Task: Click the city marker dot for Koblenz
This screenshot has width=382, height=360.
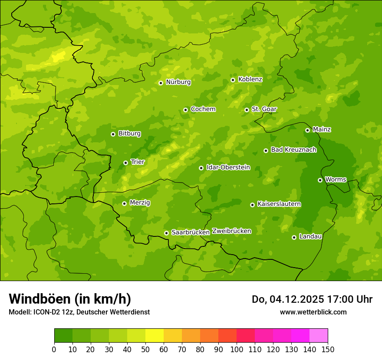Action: (x=233, y=80)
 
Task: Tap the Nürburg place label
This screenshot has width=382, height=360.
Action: (x=178, y=82)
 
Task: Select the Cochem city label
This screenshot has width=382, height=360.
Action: (x=203, y=109)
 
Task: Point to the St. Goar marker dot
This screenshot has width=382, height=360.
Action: (x=247, y=110)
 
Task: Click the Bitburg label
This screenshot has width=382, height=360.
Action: (x=129, y=134)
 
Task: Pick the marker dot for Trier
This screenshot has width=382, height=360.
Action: (x=125, y=163)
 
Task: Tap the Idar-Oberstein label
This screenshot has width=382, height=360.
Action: (x=228, y=167)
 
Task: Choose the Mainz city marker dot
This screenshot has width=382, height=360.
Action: (x=307, y=130)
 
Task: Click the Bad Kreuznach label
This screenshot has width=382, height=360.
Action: (x=293, y=150)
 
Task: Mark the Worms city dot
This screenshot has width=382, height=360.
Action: (x=320, y=180)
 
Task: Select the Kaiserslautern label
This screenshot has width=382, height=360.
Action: (x=279, y=204)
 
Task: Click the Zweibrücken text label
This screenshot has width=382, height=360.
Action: (x=231, y=231)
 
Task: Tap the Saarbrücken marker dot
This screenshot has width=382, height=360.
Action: (x=166, y=233)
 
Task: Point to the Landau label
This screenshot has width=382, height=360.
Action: (x=310, y=237)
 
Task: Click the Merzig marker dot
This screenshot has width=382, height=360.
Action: (x=124, y=203)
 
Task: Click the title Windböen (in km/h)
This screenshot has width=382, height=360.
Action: (x=69, y=299)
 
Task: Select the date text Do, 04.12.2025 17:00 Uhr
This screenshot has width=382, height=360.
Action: (x=312, y=299)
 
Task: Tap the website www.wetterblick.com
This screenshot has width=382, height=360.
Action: (x=313, y=312)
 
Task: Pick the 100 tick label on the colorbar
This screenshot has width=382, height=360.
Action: (x=237, y=350)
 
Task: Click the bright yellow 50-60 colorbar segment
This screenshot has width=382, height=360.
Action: (x=155, y=336)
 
